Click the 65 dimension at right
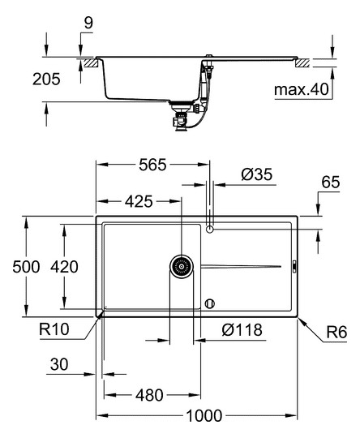[x=330, y=184]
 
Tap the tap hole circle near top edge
[x=210, y=230]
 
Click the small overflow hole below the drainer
[x=210, y=303]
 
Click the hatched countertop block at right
[x=303, y=62]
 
